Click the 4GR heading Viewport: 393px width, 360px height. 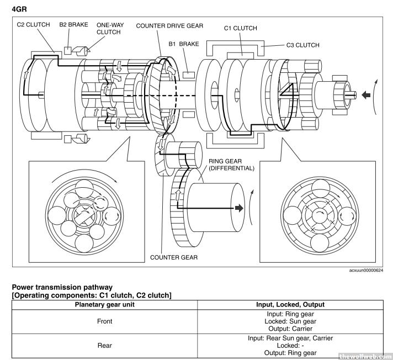click(19, 8)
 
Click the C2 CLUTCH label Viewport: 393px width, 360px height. click(33, 25)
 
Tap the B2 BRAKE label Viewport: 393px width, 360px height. click(74, 25)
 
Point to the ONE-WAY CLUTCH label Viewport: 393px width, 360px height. click(108, 28)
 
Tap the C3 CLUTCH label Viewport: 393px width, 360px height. click(302, 45)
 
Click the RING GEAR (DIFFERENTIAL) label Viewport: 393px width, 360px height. click(231, 164)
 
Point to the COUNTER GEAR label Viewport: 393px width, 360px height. click(174, 257)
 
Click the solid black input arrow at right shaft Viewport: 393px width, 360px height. click(365, 95)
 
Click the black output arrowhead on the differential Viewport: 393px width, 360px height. click(238, 208)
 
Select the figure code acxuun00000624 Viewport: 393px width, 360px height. click(365, 271)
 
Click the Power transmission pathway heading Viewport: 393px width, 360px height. click(62, 287)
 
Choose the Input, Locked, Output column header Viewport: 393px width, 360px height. click(290, 304)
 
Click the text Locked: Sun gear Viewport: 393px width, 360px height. click(290, 321)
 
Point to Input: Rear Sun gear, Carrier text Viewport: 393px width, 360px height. click(290, 338)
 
